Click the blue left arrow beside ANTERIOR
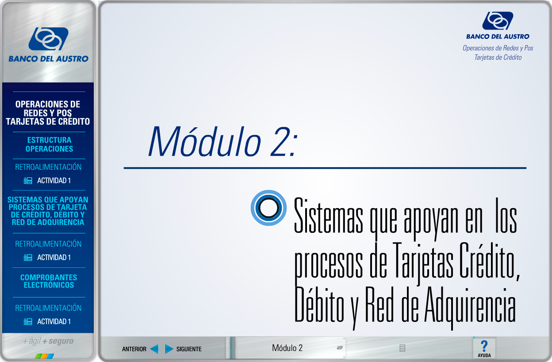(154, 349)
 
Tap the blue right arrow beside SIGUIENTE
(169, 349)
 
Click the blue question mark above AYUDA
(484, 346)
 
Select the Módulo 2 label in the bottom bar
(287, 348)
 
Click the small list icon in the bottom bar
(402, 348)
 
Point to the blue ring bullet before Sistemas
(268, 208)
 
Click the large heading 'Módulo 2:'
(222, 141)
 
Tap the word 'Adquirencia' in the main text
(470, 306)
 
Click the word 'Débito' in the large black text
(319, 305)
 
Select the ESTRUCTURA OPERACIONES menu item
(49, 144)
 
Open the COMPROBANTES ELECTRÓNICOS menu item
(49, 281)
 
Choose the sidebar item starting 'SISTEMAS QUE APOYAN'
(48, 211)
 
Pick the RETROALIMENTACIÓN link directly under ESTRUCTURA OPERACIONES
(48, 167)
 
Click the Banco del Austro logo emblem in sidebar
(48, 38)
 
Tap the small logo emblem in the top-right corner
(498, 21)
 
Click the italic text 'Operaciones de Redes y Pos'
(498, 48)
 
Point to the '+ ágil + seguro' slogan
(48, 341)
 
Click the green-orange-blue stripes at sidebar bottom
(44, 356)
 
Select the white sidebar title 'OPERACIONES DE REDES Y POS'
(48, 109)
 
